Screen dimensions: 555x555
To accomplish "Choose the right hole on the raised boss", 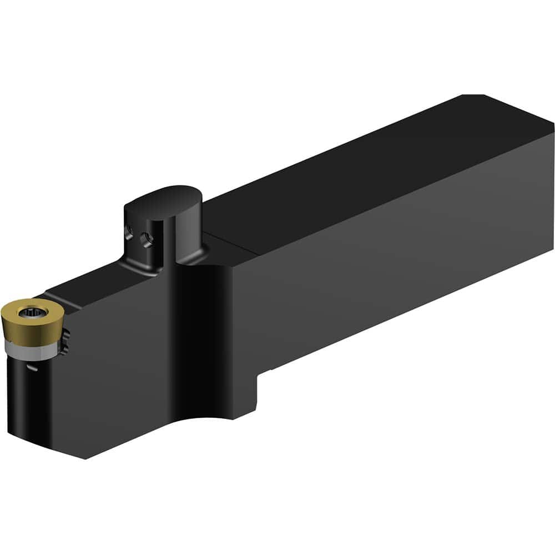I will click(147, 240).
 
